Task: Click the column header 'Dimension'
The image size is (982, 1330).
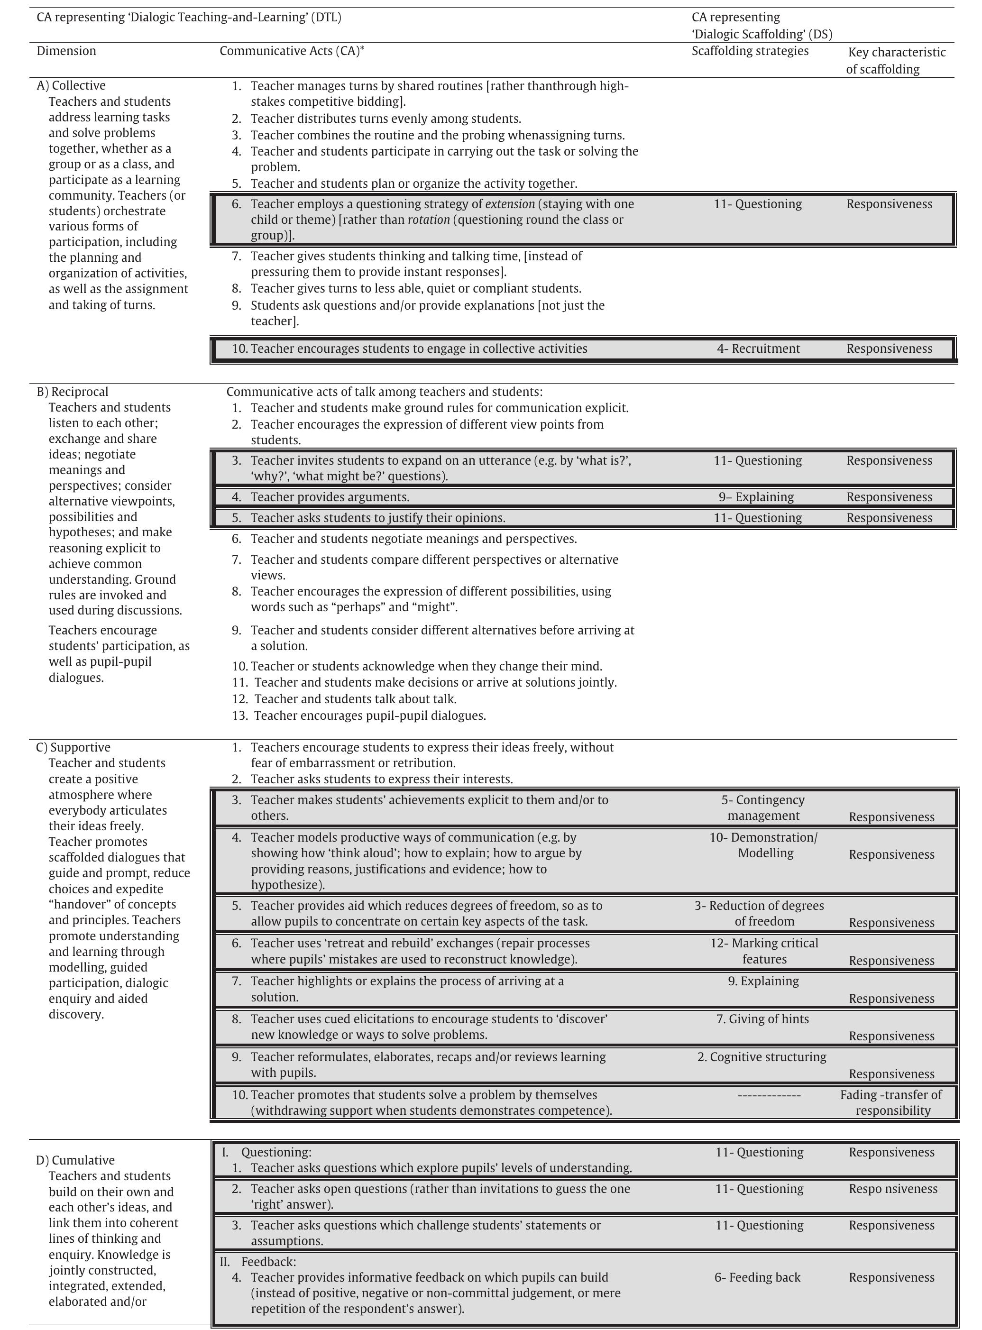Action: [66, 51]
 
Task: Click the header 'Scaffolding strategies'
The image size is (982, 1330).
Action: [750, 51]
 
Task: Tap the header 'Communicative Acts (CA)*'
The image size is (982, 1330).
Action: [292, 51]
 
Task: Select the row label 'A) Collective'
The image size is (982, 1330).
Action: [71, 85]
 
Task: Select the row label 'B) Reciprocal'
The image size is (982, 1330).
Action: [73, 392]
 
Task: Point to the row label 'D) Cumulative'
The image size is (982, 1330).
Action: [75, 1160]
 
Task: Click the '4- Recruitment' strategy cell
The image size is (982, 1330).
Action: [758, 349]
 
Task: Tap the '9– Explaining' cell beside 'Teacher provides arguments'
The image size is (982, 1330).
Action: [756, 497]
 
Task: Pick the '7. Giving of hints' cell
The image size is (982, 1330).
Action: [762, 1018]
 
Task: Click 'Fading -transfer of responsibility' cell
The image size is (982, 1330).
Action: [891, 1102]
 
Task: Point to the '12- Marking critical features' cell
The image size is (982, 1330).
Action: [764, 951]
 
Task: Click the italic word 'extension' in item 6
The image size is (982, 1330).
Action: [510, 204]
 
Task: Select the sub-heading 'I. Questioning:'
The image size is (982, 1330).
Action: [266, 1152]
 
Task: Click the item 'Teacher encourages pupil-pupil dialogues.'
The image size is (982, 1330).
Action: [369, 715]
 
